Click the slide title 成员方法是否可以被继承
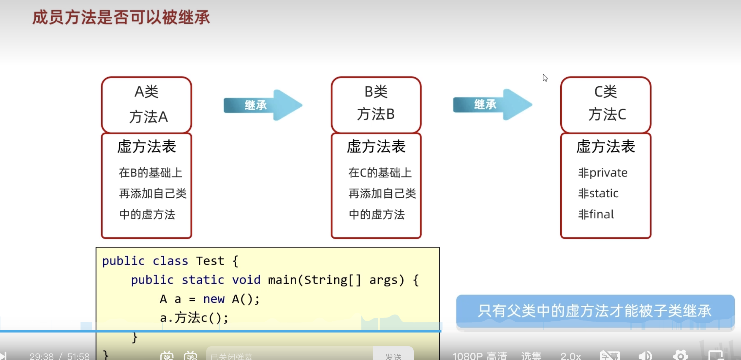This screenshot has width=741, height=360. coord(121,17)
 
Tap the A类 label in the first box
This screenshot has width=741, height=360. coord(146,92)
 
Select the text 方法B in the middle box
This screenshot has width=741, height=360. coord(376,114)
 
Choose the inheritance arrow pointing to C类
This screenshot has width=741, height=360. coord(492,105)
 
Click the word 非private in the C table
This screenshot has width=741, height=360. coord(603,172)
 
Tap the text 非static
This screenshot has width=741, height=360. coord(598,193)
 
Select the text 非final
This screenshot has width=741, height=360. coord(596,214)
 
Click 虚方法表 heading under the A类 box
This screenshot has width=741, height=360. coord(146,146)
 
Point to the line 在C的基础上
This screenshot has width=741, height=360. coord(380,172)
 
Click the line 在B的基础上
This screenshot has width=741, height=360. coord(150,172)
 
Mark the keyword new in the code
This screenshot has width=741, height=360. coord(214,299)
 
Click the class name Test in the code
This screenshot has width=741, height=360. coord(210,261)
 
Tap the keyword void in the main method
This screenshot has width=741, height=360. coord(246,280)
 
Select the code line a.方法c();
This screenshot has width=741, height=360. coord(194,318)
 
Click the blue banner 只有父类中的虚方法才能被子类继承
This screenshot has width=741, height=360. coord(595,311)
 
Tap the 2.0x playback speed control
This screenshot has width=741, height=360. coord(570,356)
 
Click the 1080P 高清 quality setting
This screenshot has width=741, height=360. coord(480,356)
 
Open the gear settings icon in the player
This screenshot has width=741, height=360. coord(680,356)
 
